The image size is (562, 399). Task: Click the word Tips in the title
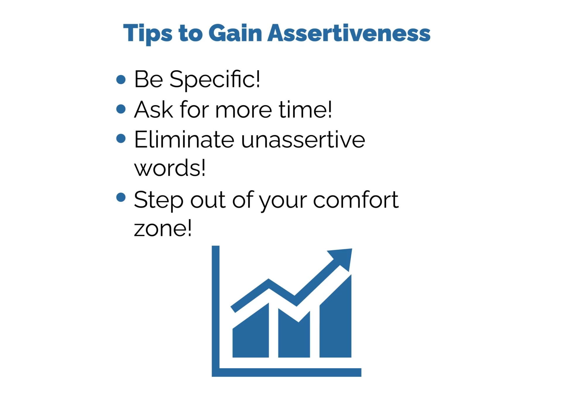tap(148, 33)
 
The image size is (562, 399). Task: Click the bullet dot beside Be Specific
tap(121, 80)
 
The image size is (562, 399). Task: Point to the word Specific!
tap(215, 79)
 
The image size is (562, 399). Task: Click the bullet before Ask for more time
tap(121, 109)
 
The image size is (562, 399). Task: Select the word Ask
tap(153, 109)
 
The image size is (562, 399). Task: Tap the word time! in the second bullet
tap(305, 109)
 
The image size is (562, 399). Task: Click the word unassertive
tap(303, 140)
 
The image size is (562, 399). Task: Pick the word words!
tap(170, 168)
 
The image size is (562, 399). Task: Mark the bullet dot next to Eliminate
tap(121, 138)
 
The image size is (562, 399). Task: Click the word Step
tap(159, 200)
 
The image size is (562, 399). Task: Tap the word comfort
tap(356, 200)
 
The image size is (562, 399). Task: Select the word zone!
tap(163, 228)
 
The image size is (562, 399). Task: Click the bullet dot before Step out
tap(121, 197)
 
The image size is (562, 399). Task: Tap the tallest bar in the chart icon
tap(335, 325)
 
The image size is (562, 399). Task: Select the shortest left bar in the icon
tap(251, 337)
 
